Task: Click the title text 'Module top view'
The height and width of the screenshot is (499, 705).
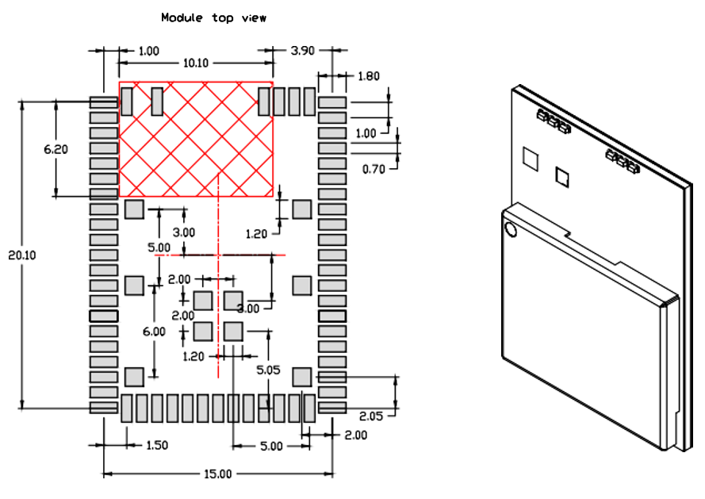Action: (x=213, y=17)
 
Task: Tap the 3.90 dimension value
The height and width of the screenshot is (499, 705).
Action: (x=302, y=51)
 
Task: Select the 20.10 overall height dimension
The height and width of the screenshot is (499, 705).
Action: (x=23, y=255)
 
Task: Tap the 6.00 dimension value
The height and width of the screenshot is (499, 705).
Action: (x=154, y=331)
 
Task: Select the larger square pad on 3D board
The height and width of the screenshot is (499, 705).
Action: (x=529, y=159)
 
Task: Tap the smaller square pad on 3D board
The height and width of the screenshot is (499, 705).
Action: (x=562, y=176)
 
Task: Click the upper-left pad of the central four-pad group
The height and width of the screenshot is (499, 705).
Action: (x=203, y=301)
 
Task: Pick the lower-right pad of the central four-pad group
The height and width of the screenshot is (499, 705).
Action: (x=233, y=330)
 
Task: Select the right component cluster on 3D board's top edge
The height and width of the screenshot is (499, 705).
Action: (x=622, y=161)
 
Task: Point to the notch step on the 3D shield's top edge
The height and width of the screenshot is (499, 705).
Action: (x=571, y=234)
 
